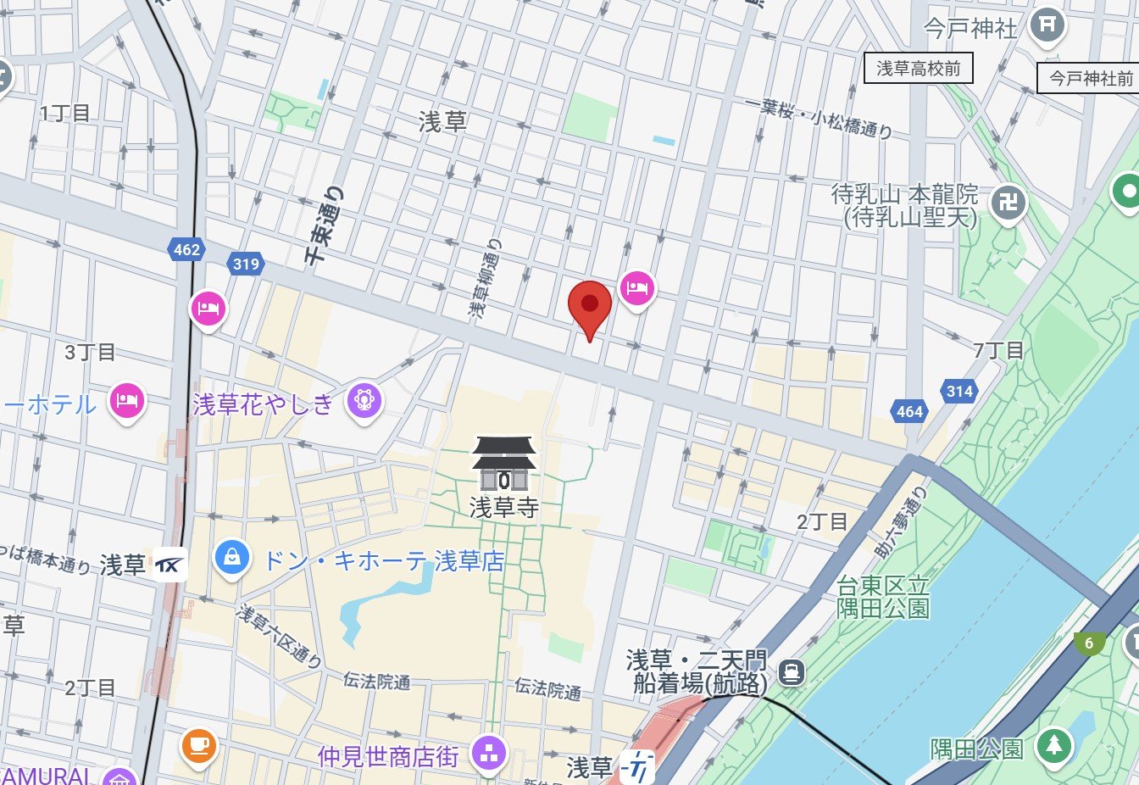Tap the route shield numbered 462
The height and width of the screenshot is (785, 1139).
(186, 249)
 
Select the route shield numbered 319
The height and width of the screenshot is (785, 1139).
(246, 264)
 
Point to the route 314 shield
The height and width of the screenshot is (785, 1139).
(959, 391)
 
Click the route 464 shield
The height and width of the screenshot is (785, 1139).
(909, 412)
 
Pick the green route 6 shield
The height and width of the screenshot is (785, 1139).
(1089, 643)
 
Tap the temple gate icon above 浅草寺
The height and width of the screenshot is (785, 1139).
(504, 464)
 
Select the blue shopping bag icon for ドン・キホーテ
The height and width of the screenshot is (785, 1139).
(231, 557)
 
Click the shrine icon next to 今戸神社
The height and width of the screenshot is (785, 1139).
(1047, 25)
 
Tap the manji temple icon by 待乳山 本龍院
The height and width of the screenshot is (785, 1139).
(1008, 203)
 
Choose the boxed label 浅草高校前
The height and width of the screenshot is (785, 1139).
(918, 69)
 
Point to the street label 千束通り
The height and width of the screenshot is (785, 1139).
(326, 224)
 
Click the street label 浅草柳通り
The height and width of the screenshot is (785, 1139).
(486, 279)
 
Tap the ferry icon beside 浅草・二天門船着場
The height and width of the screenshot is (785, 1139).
(792, 673)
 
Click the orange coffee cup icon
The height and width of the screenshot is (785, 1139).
(199, 745)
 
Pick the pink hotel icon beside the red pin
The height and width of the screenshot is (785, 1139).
(636, 289)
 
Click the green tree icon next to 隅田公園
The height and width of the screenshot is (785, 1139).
(1053, 745)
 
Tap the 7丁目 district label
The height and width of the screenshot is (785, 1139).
(998, 349)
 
